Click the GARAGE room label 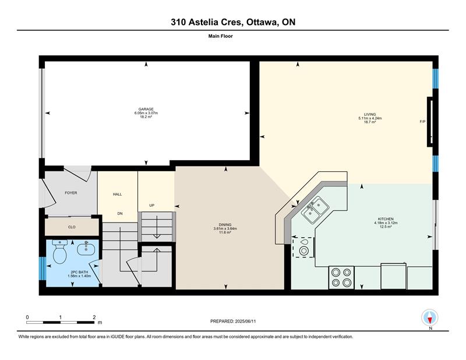(146, 109)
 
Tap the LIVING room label (370, 114)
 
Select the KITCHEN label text (386, 219)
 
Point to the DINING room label (225, 225)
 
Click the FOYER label (71, 193)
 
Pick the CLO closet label (72, 227)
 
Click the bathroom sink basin (86, 249)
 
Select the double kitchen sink (315, 210)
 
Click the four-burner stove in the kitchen (341, 277)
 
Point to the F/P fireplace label (422, 122)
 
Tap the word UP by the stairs (151, 206)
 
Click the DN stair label (120, 213)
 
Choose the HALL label (118, 195)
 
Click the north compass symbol (430, 317)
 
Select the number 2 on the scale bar (94, 317)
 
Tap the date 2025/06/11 (245, 322)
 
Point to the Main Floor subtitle (221, 36)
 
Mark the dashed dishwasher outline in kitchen (303, 247)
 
